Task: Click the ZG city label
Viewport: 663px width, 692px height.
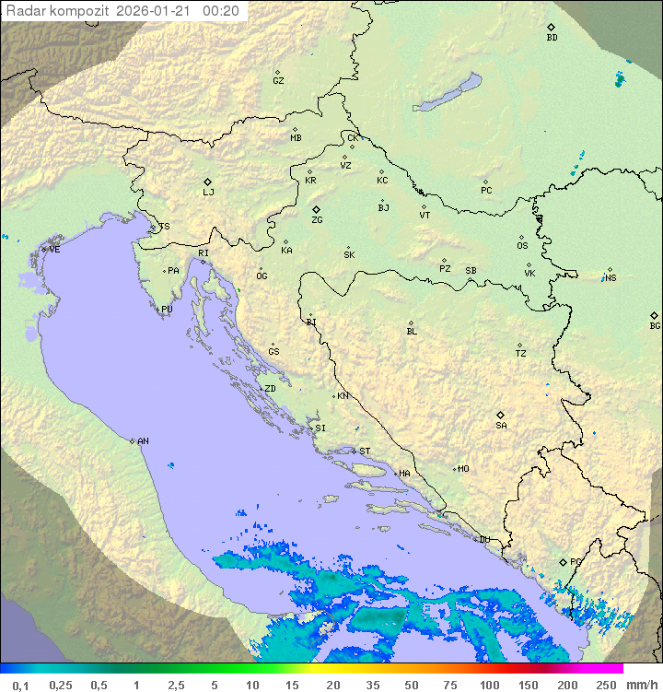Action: coord(317,221)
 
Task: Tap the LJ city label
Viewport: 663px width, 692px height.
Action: coord(208,193)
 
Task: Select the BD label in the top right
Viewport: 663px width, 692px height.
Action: coord(552,38)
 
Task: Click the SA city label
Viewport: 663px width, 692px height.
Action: coord(501,426)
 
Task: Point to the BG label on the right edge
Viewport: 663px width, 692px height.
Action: coord(655,326)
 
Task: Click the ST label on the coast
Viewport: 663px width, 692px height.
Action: coord(365,452)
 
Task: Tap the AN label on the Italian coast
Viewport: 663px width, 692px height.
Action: coord(143,441)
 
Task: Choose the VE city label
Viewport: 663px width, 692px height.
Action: coord(54,250)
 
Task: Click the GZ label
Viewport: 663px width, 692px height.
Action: coord(278,81)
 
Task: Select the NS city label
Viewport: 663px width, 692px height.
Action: coord(611,278)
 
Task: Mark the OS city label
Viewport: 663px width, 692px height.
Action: coord(522,246)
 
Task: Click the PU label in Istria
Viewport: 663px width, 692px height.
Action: coord(167,310)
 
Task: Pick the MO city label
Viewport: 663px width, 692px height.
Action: coord(463,469)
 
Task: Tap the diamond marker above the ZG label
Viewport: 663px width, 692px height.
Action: coord(316,210)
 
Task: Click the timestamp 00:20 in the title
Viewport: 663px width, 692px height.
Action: coord(221,11)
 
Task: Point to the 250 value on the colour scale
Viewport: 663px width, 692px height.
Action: coord(606,685)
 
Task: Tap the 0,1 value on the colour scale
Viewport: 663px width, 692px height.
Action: coord(20,685)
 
